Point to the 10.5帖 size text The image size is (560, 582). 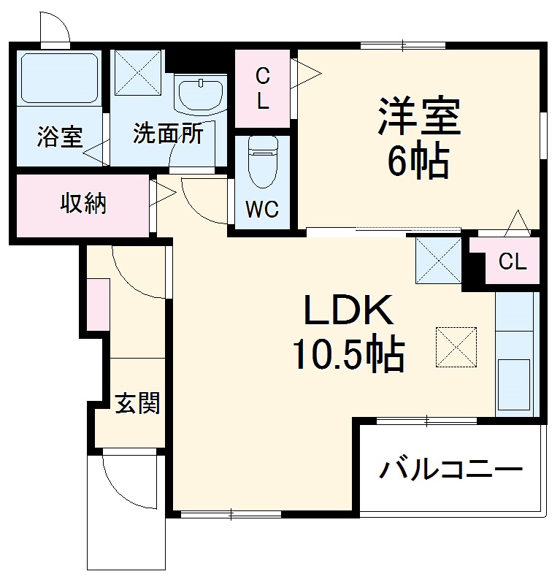(348, 356)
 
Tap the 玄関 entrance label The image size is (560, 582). (137, 402)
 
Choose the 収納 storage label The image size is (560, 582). (83, 204)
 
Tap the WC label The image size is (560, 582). (261, 210)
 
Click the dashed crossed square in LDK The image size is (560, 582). (456, 345)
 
